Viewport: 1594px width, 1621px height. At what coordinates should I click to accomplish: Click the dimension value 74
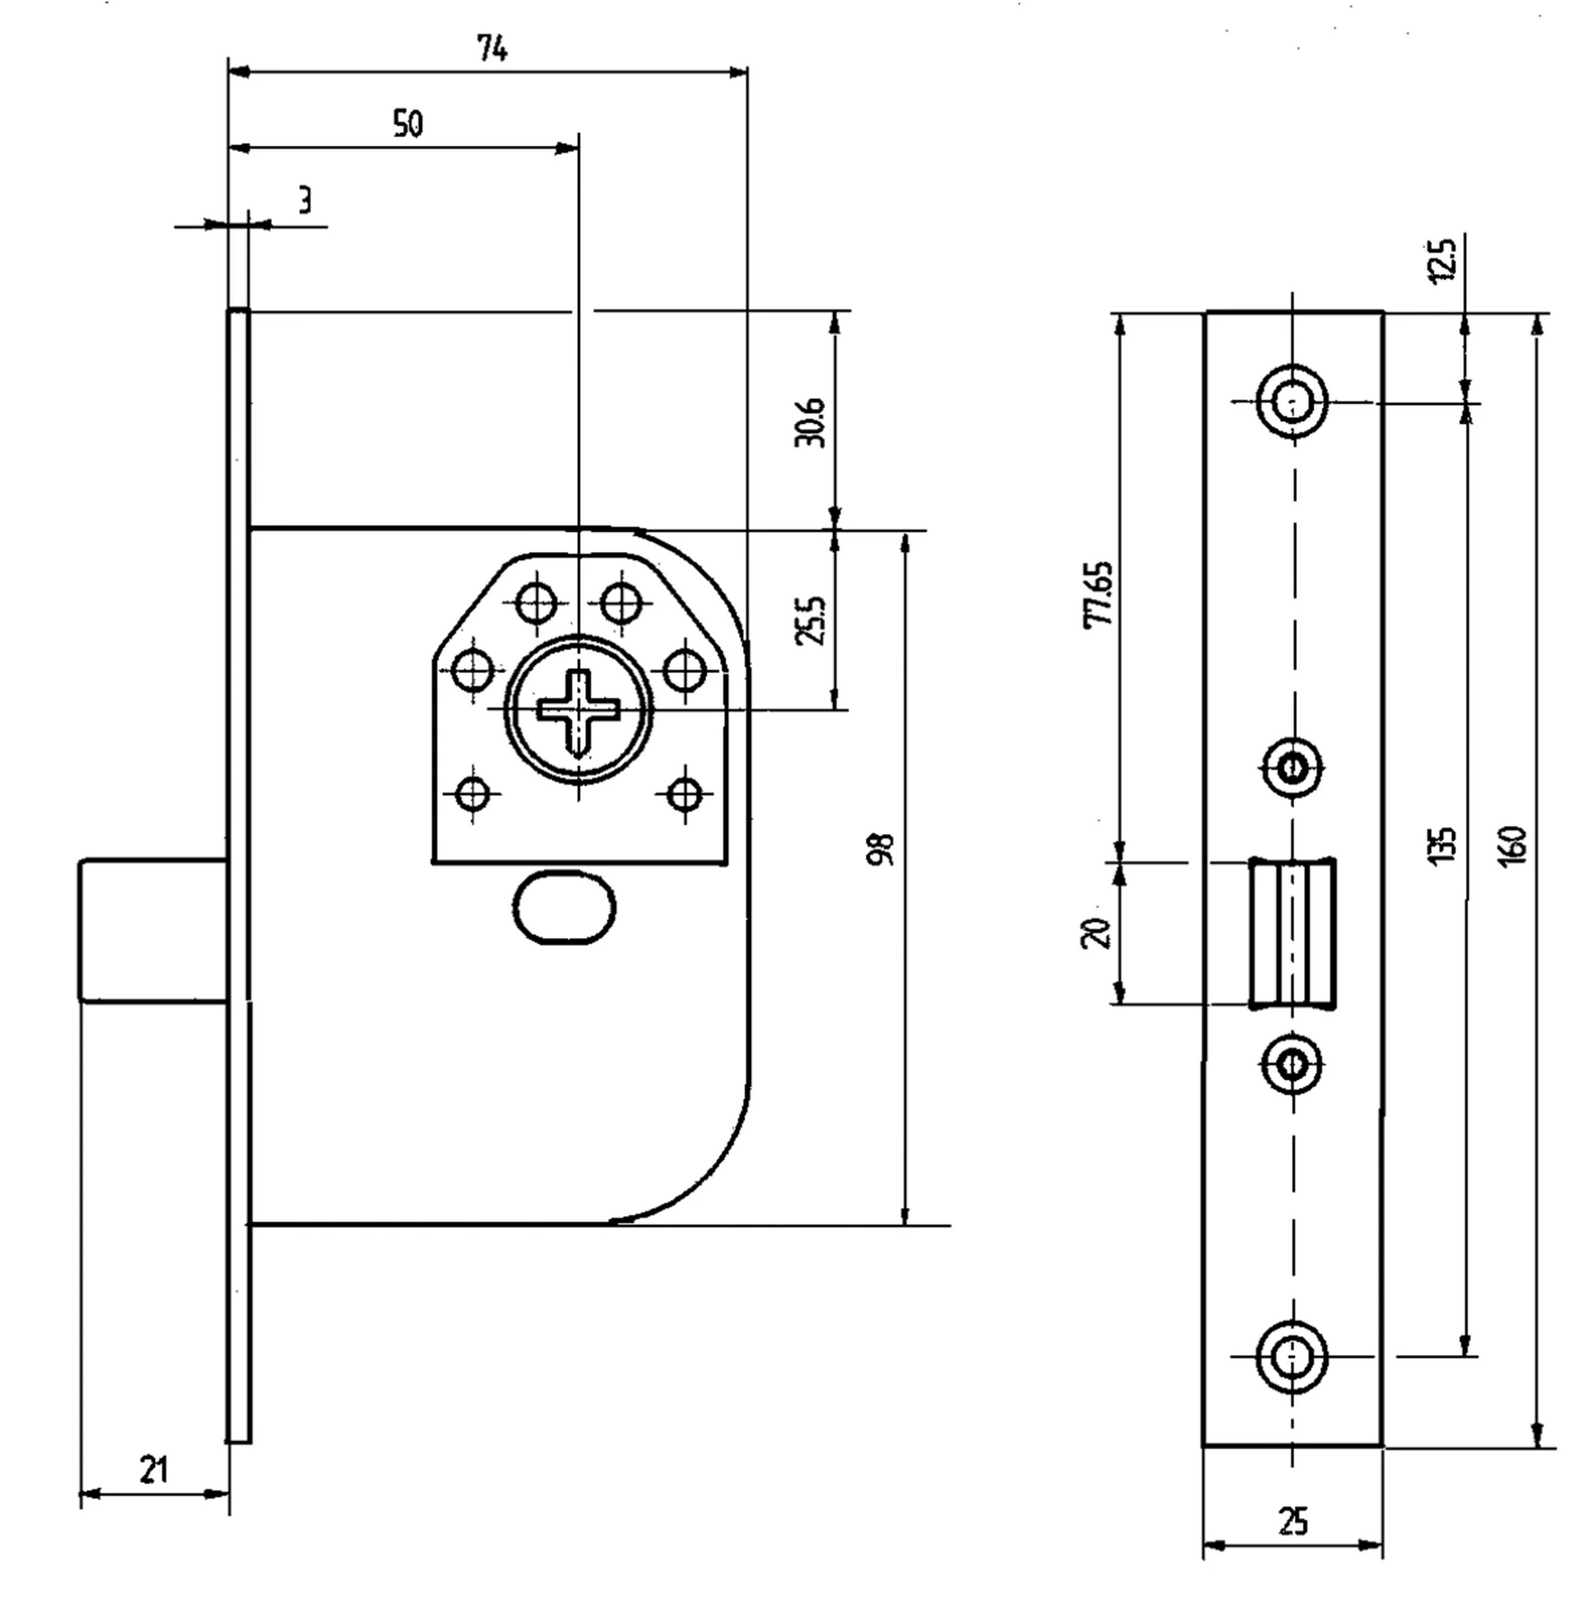492,49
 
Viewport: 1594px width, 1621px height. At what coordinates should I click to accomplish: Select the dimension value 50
407,123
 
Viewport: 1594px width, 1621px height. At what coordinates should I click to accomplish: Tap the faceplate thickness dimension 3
304,200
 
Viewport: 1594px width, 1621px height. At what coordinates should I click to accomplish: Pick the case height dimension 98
882,849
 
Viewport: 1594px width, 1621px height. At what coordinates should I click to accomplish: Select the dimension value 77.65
1100,594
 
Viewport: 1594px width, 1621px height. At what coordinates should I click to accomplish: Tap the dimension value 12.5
1442,260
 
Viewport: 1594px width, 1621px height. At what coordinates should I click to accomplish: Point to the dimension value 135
1442,846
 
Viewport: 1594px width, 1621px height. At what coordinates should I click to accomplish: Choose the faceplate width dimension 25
1292,1521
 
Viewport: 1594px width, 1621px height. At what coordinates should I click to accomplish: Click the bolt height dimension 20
1097,932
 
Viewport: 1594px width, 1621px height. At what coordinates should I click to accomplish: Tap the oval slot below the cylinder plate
564,907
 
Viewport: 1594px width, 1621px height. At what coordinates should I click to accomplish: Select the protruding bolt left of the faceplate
153,930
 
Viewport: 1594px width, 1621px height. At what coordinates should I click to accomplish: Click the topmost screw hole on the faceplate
1293,401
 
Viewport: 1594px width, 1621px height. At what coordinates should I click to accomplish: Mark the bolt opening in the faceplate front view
1292,932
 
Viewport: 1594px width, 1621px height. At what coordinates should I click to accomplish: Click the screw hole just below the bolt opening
1293,1065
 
